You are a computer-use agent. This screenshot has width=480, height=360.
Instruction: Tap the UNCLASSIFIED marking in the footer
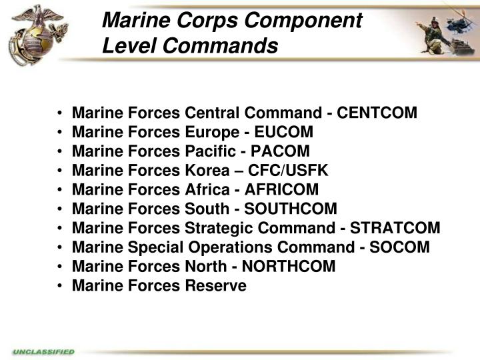point(43,351)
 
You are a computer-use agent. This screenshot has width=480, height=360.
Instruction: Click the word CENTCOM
point(377,113)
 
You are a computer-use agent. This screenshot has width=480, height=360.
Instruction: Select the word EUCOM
point(287,132)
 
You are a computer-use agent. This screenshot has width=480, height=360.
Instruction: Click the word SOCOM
point(401,248)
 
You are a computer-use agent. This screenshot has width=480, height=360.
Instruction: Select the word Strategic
point(217,229)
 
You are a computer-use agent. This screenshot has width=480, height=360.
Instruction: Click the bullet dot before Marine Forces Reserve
point(61,287)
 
